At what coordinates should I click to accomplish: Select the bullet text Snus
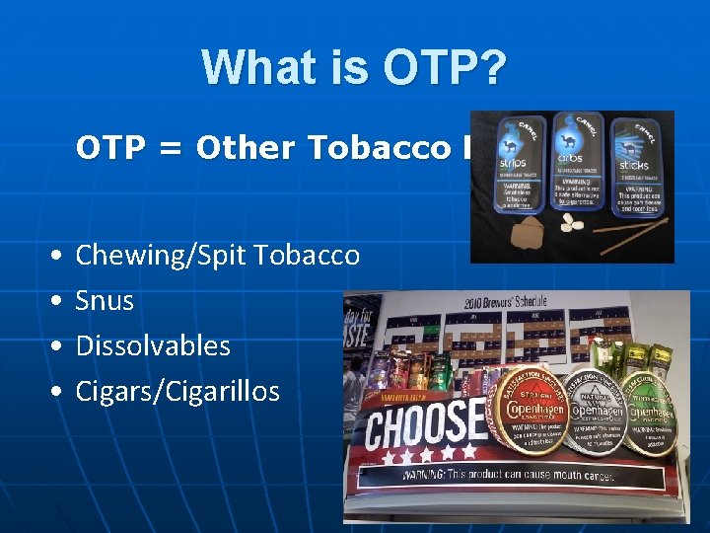click(x=105, y=300)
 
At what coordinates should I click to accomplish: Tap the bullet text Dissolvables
click(x=153, y=345)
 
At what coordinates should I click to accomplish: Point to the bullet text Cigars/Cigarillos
click(x=177, y=391)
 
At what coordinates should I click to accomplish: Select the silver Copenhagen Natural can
click(x=603, y=404)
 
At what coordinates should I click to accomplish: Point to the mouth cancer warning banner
click(x=523, y=474)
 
